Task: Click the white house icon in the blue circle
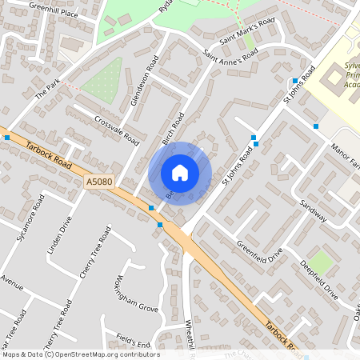180,172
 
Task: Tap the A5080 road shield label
96,183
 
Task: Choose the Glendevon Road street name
144,81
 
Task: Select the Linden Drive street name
60,238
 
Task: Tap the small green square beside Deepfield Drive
322,261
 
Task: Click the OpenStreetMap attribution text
80,354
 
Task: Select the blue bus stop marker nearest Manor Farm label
316,126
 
